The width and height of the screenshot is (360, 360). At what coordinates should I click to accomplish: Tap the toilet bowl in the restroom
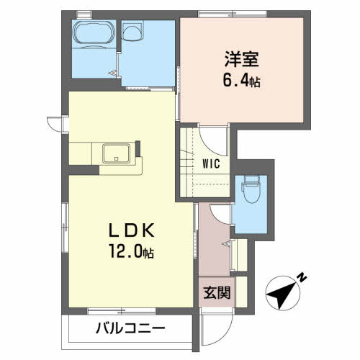[251, 189]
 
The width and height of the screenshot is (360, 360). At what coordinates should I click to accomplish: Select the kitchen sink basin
[117, 153]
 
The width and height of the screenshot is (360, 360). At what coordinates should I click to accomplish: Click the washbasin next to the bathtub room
[132, 30]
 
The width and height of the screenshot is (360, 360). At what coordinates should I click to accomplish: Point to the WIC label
[211, 164]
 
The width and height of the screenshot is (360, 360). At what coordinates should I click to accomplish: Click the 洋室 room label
[242, 59]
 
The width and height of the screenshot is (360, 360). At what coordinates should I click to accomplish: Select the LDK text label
[132, 230]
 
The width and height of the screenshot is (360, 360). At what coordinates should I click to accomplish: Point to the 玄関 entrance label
[217, 292]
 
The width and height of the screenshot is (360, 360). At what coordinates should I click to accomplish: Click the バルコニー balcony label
[130, 328]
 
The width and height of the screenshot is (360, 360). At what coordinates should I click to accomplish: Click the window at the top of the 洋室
[233, 14]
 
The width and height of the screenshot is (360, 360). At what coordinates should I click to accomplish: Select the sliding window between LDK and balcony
[122, 312]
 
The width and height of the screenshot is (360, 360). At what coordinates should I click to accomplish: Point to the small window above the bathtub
[84, 14]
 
